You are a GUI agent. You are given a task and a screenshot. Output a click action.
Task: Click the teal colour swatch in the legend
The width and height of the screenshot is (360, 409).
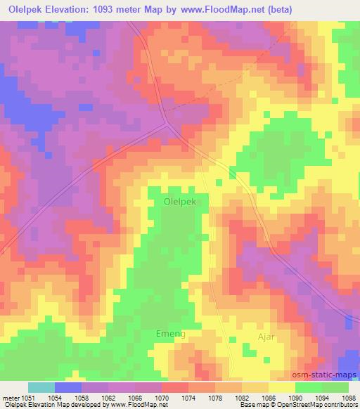click(x=41, y=387)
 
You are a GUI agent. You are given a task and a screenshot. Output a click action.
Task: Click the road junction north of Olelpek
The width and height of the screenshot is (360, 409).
click(x=167, y=124)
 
